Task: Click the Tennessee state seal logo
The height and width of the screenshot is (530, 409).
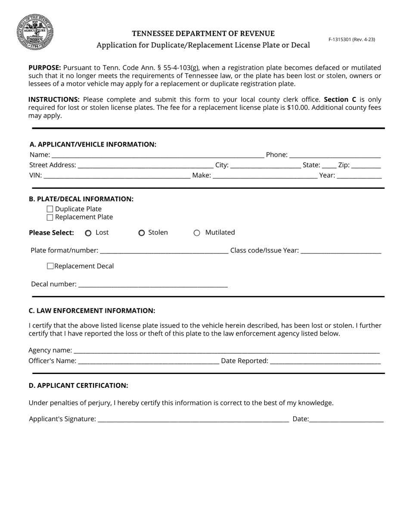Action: tap(35, 32)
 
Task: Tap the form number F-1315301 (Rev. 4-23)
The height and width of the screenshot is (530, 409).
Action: tap(351, 39)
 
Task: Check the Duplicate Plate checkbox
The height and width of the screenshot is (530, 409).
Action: tap(50, 209)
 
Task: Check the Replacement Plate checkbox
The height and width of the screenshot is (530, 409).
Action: tap(50, 217)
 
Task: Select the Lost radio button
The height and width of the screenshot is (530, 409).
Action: tap(88, 233)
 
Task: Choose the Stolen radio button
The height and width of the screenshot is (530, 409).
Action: tap(142, 233)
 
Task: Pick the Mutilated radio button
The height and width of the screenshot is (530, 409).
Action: tap(197, 233)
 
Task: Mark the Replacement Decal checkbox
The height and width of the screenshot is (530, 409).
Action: tap(50, 266)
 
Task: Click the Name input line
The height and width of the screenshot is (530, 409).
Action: tap(157, 155)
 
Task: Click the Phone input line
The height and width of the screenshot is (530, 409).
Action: tap(335, 155)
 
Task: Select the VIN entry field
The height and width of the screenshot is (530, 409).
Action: tap(117, 175)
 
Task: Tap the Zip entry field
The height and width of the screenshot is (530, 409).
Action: tap(366, 165)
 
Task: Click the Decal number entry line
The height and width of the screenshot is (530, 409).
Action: tap(153, 284)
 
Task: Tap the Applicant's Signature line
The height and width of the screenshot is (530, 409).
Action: tap(193, 419)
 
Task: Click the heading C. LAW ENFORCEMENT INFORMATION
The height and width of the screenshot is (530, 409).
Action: tap(92, 311)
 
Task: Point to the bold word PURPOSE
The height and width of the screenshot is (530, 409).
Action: tap(44, 68)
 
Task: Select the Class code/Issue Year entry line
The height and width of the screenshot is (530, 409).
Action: tap(341, 251)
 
